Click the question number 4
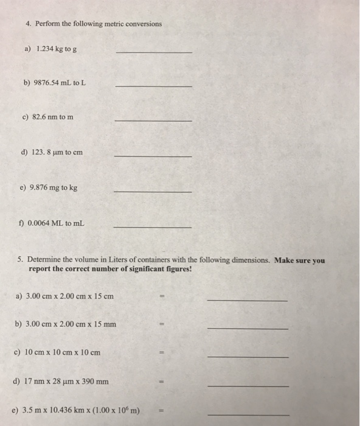click(x=28, y=24)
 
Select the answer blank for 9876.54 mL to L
click(x=153, y=86)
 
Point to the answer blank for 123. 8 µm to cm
click(x=153, y=156)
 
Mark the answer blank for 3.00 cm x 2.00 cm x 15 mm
click(x=247, y=328)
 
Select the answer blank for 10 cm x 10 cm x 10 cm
click(x=247, y=357)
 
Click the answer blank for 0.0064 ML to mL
click(x=153, y=226)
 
